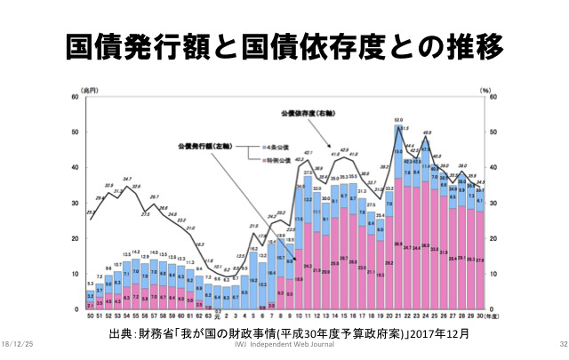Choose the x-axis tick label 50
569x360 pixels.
(89, 316)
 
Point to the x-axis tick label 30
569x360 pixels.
(481, 316)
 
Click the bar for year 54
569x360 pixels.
(127, 284)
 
